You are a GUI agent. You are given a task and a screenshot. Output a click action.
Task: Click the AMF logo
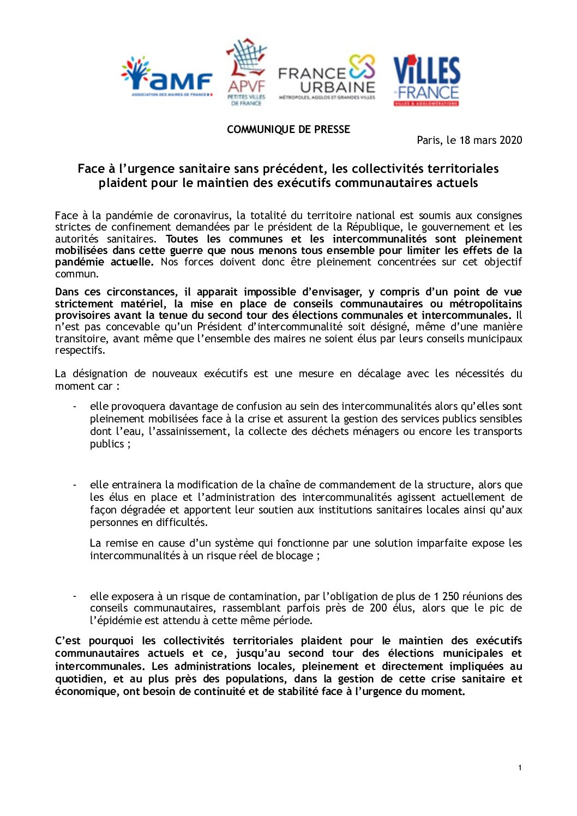click(x=166, y=77)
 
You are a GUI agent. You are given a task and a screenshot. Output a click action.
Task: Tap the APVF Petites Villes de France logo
click(x=247, y=72)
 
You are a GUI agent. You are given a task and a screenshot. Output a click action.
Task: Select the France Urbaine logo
click(x=327, y=77)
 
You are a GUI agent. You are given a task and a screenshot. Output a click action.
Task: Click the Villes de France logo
click(x=426, y=80)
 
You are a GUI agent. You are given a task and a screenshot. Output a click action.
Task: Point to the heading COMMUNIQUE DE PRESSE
click(x=288, y=129)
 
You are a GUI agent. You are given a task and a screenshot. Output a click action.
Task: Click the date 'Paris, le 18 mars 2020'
click(x=469, y=140)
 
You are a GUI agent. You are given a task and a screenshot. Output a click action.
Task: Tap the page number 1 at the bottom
click(x=520, y=767)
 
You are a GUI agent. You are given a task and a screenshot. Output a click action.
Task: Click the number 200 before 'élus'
click(x=378, y=608)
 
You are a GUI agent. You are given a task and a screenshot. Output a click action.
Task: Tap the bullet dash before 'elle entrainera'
click(x=75, y=485)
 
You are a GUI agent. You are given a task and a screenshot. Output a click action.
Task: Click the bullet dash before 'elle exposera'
click(x=75, y=596)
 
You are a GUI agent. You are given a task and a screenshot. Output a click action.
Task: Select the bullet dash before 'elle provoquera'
click(x=75, y=406)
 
